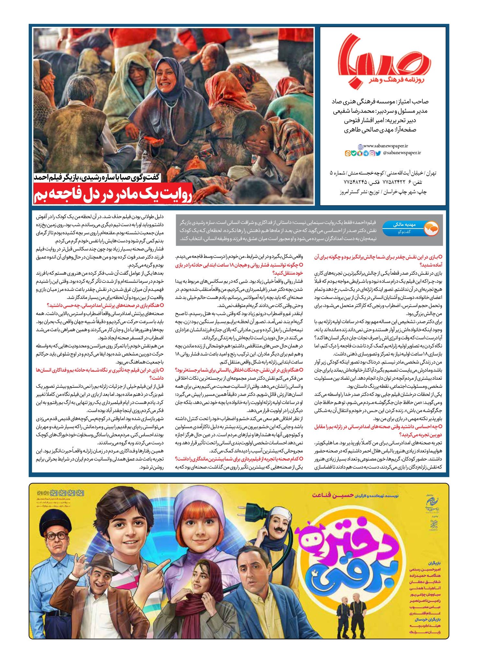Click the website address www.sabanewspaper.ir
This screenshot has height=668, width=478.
pyautogui.click(x=385, y=146)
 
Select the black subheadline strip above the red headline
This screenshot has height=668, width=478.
pyautogui.click(x=97, y=177)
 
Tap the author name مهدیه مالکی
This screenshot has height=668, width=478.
pyautogui.click(x=404, y=225)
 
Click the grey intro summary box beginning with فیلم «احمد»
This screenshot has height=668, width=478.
pyautogui.click(x=278, y=230)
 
